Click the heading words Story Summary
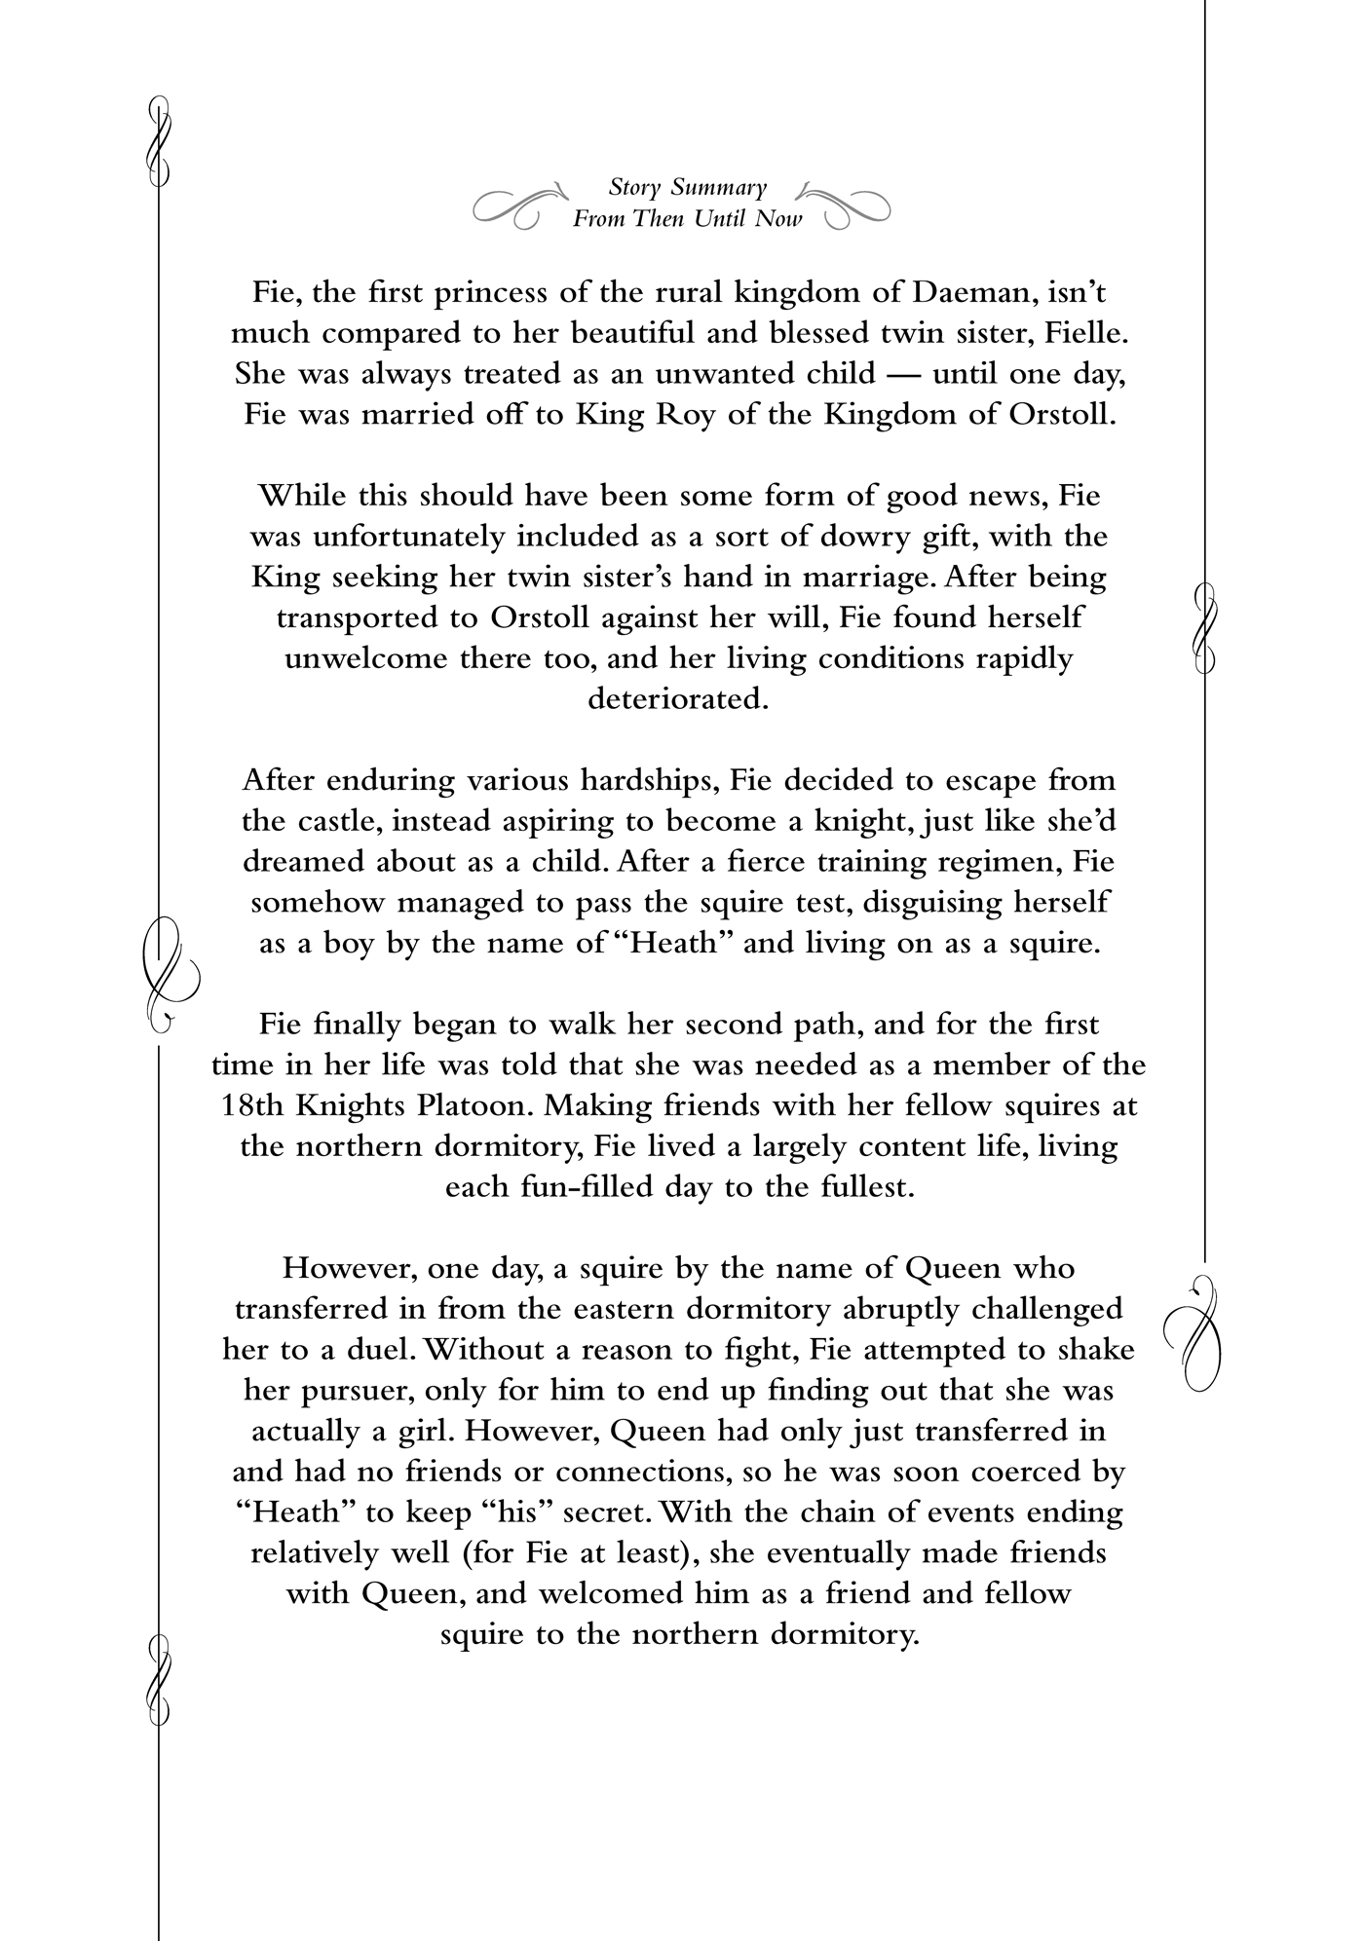(x=687, y=186)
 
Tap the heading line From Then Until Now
(x=687, y=218)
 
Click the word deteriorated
(x=678, y=699)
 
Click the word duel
(x=383, y=1350)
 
